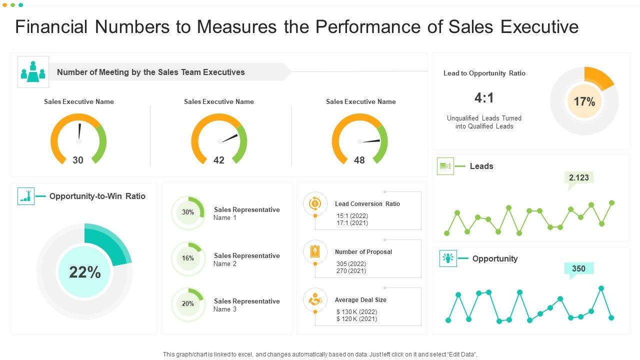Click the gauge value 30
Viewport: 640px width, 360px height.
(78, 160)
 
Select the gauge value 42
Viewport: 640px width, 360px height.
(219, 160)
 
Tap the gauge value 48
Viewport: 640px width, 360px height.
(359, 160)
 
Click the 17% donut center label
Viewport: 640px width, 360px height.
(584, 102)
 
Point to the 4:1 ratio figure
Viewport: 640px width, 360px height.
(484, 98)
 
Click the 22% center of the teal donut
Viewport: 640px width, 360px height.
(85, 272)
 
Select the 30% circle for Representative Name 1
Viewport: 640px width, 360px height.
(188, 212)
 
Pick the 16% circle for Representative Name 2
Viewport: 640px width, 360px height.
(188, 258)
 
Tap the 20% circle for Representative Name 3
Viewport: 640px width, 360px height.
(188, 303)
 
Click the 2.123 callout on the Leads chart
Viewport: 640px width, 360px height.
(579, 177)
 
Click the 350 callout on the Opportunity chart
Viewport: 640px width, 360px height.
(578, 268)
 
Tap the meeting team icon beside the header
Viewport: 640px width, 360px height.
(33, 72)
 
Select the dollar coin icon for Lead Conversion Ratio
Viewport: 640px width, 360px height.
(315, 203)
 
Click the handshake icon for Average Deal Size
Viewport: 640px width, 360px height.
(315, 300)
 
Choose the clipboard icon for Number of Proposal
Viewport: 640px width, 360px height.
(315, 251)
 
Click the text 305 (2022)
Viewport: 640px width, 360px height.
(351, 264)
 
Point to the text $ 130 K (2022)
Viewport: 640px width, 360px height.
(356, 312)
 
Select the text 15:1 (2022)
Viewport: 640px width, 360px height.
(352, 216)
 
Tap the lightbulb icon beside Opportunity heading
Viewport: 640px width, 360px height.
(448, 258)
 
